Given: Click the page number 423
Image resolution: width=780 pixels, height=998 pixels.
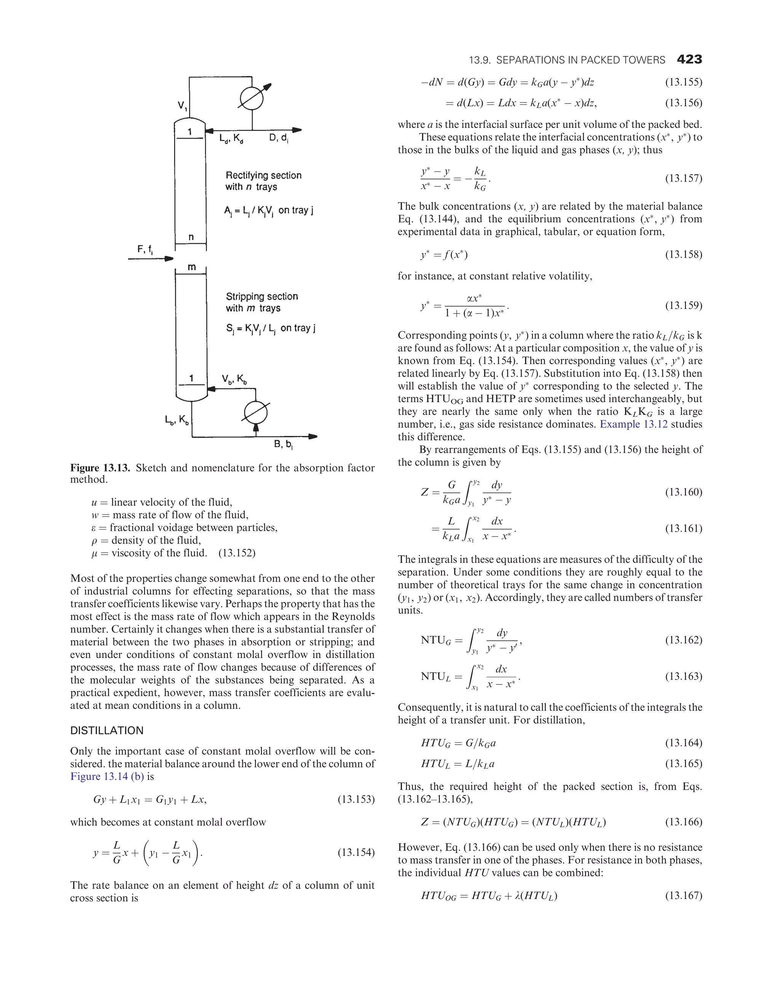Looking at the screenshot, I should coord(689,59).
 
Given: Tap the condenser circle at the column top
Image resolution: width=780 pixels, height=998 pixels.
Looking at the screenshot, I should coord(252,98).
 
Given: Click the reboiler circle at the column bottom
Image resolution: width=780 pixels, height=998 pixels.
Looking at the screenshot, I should coord(256,413).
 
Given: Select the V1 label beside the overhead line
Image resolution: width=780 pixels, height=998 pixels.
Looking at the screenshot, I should coord(182,106).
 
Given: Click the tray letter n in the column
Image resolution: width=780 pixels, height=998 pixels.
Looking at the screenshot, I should coord(191,237).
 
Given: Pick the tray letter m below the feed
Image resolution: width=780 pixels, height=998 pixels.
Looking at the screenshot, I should coord(192,267).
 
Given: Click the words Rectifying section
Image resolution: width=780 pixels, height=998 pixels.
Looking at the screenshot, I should coord(264,176).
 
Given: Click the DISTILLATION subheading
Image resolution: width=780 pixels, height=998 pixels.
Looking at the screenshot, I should coord(107,730).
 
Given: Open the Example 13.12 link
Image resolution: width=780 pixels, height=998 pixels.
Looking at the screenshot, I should coord(633,424).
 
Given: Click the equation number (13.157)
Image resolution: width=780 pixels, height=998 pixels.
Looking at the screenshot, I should coord(683,178).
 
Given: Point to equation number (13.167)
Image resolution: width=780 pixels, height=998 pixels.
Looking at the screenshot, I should coord(683,895).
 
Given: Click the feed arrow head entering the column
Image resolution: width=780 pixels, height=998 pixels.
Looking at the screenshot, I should coord(169,259).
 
